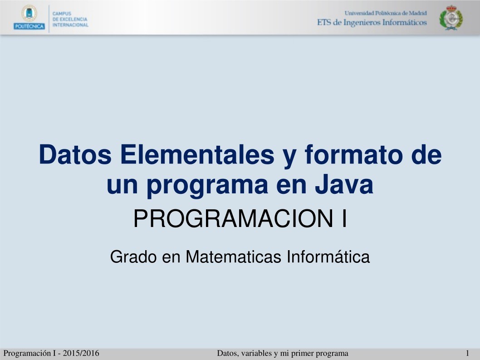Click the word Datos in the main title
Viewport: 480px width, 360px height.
pos(75,154)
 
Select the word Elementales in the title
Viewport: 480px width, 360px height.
pos(197,154)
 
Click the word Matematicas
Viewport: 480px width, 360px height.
pos(233,256)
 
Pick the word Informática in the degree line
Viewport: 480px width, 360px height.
pos(328,256)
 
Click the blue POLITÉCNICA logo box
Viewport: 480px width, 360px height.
pos(29,26)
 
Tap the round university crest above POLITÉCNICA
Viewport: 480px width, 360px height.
pos(29,14)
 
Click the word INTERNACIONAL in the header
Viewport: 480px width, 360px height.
pos(70,25)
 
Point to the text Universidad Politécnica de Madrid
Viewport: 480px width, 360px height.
pos(386,13)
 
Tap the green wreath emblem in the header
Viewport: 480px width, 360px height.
pos(451,18)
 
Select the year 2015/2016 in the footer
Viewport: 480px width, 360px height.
pos(81,353)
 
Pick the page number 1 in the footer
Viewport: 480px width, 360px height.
pos(467,353)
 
